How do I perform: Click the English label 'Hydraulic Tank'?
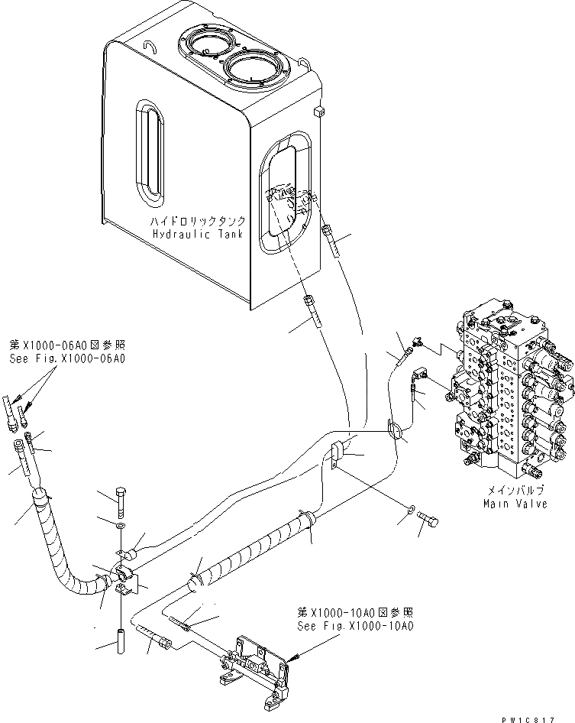pyautogui.click(x=197, y=234)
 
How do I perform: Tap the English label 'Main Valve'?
pyautogui.click(x=515, y=504)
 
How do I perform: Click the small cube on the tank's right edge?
pyautogui.click(x=318, y=112)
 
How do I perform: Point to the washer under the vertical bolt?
pyautogui.click(x=121, y=527)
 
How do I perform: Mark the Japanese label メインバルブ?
pyautogui.click(x=515, y=491)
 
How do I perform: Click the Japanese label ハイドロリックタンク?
pyautogui.click(x=197, y=221)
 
